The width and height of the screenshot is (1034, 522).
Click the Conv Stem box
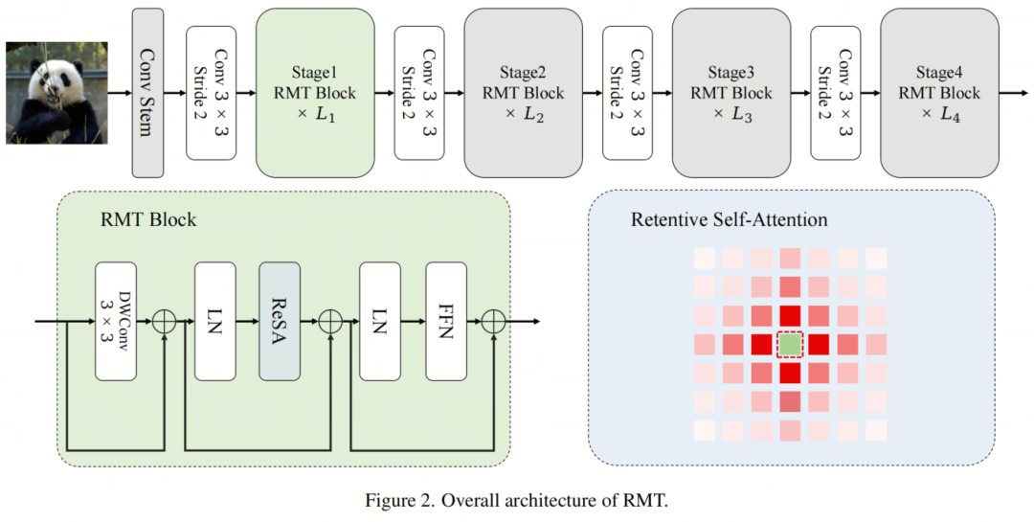(x=146, y=93)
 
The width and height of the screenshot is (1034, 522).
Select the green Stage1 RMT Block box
(x=315, y=93)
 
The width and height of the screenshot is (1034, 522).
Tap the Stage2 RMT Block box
(x=523, y=93)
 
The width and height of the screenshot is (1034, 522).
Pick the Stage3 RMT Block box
(x=731, y=93)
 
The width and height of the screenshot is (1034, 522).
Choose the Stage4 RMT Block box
(x=939, y=93)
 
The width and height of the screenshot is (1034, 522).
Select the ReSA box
(x=280, y=321)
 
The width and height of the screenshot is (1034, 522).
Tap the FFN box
(x=445, y=321)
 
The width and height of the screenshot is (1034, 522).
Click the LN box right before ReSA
(x=214, y=321)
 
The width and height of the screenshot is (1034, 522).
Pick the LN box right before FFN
(x=379, y=321)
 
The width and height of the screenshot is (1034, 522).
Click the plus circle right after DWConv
(x=165, y=321)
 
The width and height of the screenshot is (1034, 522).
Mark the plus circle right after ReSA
(x=329, y=321)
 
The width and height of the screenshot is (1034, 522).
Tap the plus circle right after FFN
(x=493, y=321)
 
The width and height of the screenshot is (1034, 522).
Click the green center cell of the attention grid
(x=790, y=344)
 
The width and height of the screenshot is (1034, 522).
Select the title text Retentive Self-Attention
(x=729, y=220)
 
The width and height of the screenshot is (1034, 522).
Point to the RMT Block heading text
(x=148, y=220)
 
